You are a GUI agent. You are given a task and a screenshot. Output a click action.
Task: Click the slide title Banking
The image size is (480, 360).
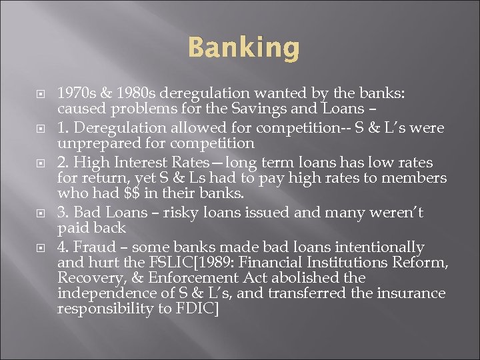click(244, 48)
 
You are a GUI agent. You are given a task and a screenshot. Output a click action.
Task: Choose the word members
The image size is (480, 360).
click(415, 178)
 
